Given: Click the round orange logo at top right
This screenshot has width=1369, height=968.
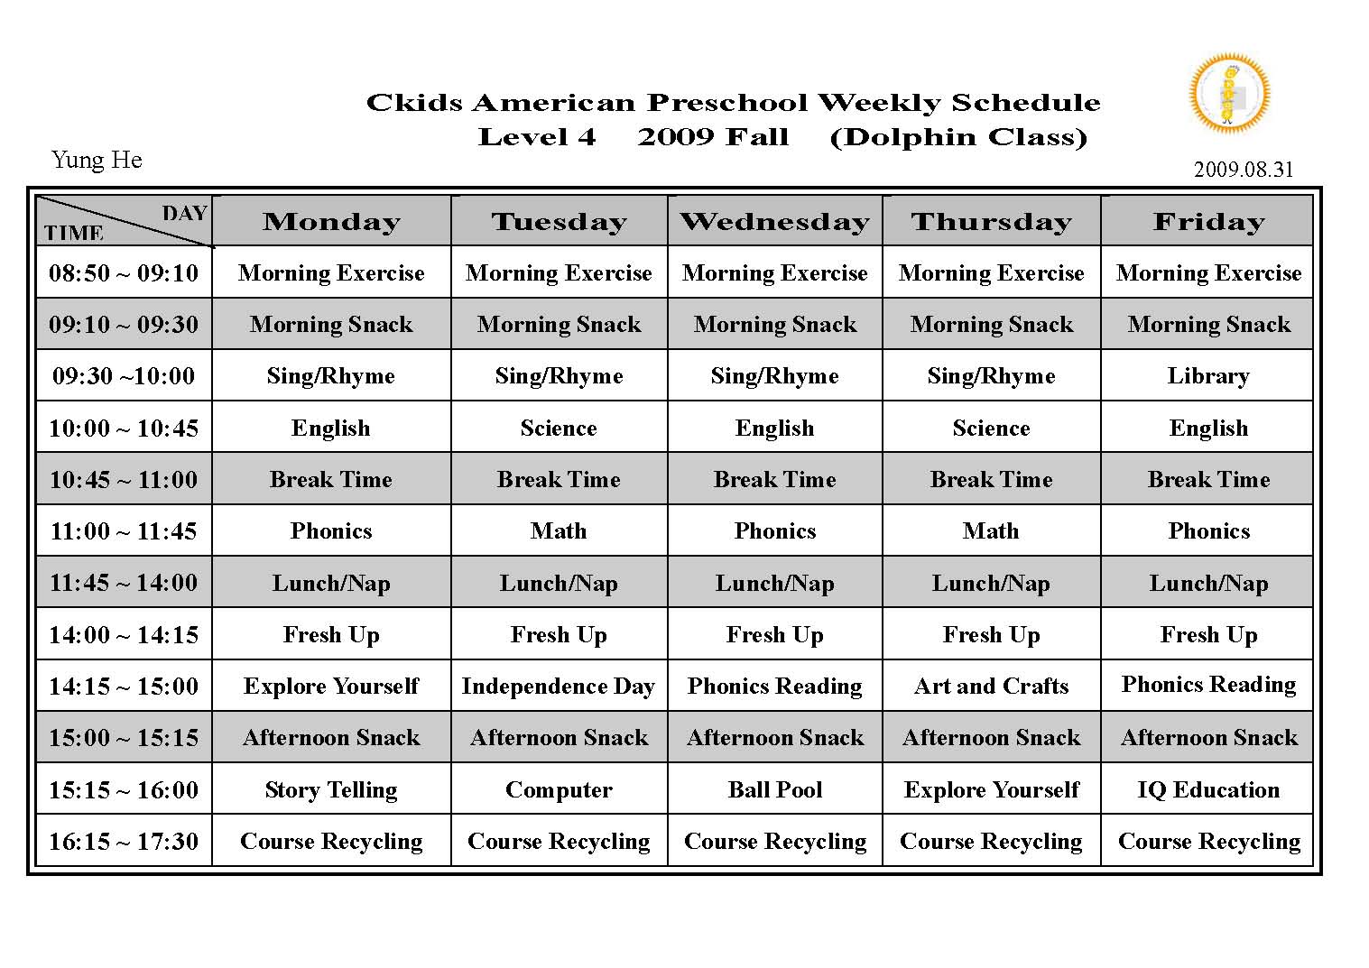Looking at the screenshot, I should pyautogui.click(x=1229, y=93).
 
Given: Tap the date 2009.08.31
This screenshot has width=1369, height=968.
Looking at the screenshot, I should pyautogui.click(x=1243, y=170).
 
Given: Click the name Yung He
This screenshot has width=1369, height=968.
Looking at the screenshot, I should pyautogui.click(x=97, y=161).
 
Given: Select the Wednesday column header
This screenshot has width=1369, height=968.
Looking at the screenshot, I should pyautogui.click(x=774, y=222).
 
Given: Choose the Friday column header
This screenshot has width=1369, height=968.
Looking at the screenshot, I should pyautogui.click(x=1208, y=222).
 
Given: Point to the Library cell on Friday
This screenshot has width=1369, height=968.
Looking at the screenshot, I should pyautogui.click(x=1208, y=376).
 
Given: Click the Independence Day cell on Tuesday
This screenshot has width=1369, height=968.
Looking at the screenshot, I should pyautogui.click(x=558, y=687).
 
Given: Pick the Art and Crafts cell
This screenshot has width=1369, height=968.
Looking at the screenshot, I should pyautogui.click(x=991, y=687).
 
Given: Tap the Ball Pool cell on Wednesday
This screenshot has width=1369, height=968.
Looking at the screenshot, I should pyautogui.click(x=774, y=790).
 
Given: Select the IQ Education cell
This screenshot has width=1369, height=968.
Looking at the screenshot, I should pyautogui.click(x=1208, y=790).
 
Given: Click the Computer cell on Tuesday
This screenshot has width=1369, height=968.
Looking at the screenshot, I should pyautogui.click(x=558, y=790).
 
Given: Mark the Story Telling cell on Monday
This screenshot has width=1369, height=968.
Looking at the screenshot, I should pyautogui.click(x=331, y=790).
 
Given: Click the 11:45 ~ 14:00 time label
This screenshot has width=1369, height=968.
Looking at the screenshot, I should pyautogui.click(x=124, y=583).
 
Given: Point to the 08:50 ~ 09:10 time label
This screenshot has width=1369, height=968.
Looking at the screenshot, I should pyautogui.click(x=124, y=273).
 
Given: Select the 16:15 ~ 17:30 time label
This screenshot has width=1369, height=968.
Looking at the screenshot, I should pyautogui.click(x=124, y=842).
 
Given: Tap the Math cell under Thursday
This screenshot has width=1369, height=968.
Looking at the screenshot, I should pyautogui.click(x=991, y=531).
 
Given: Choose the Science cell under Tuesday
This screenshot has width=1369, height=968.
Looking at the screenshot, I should pyautogui.click(x=558, y=429).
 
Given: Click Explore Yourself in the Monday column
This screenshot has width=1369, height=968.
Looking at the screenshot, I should pyautogui.click(x=331, y=687).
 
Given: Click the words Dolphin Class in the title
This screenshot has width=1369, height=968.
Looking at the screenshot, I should pyautogui.click(x=958, y=137).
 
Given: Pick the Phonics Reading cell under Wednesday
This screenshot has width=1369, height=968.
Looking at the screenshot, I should pyautogui.click(x=774, y=687).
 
